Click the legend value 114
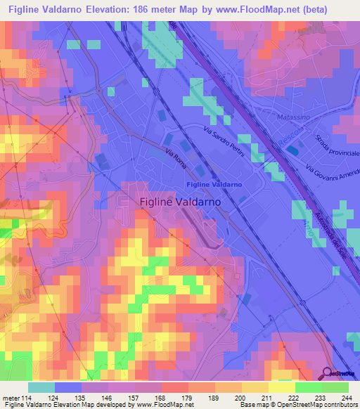[x=30, y=398]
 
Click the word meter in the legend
[x=12, y=398]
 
